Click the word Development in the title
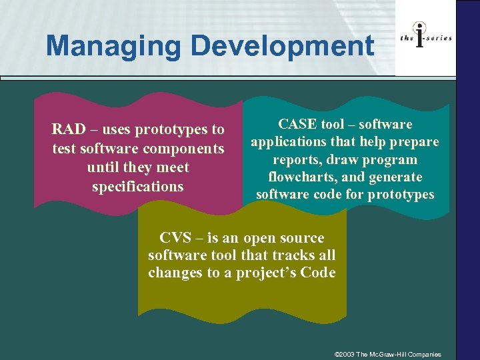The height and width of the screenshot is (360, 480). coord(282,46)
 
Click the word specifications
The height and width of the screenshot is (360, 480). coord(138,187)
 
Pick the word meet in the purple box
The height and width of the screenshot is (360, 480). coord(173,167)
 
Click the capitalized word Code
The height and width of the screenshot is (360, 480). coord(319,273)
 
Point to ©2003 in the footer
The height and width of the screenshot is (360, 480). coord(345,354)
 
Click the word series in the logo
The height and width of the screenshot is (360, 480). coord(439,38)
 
